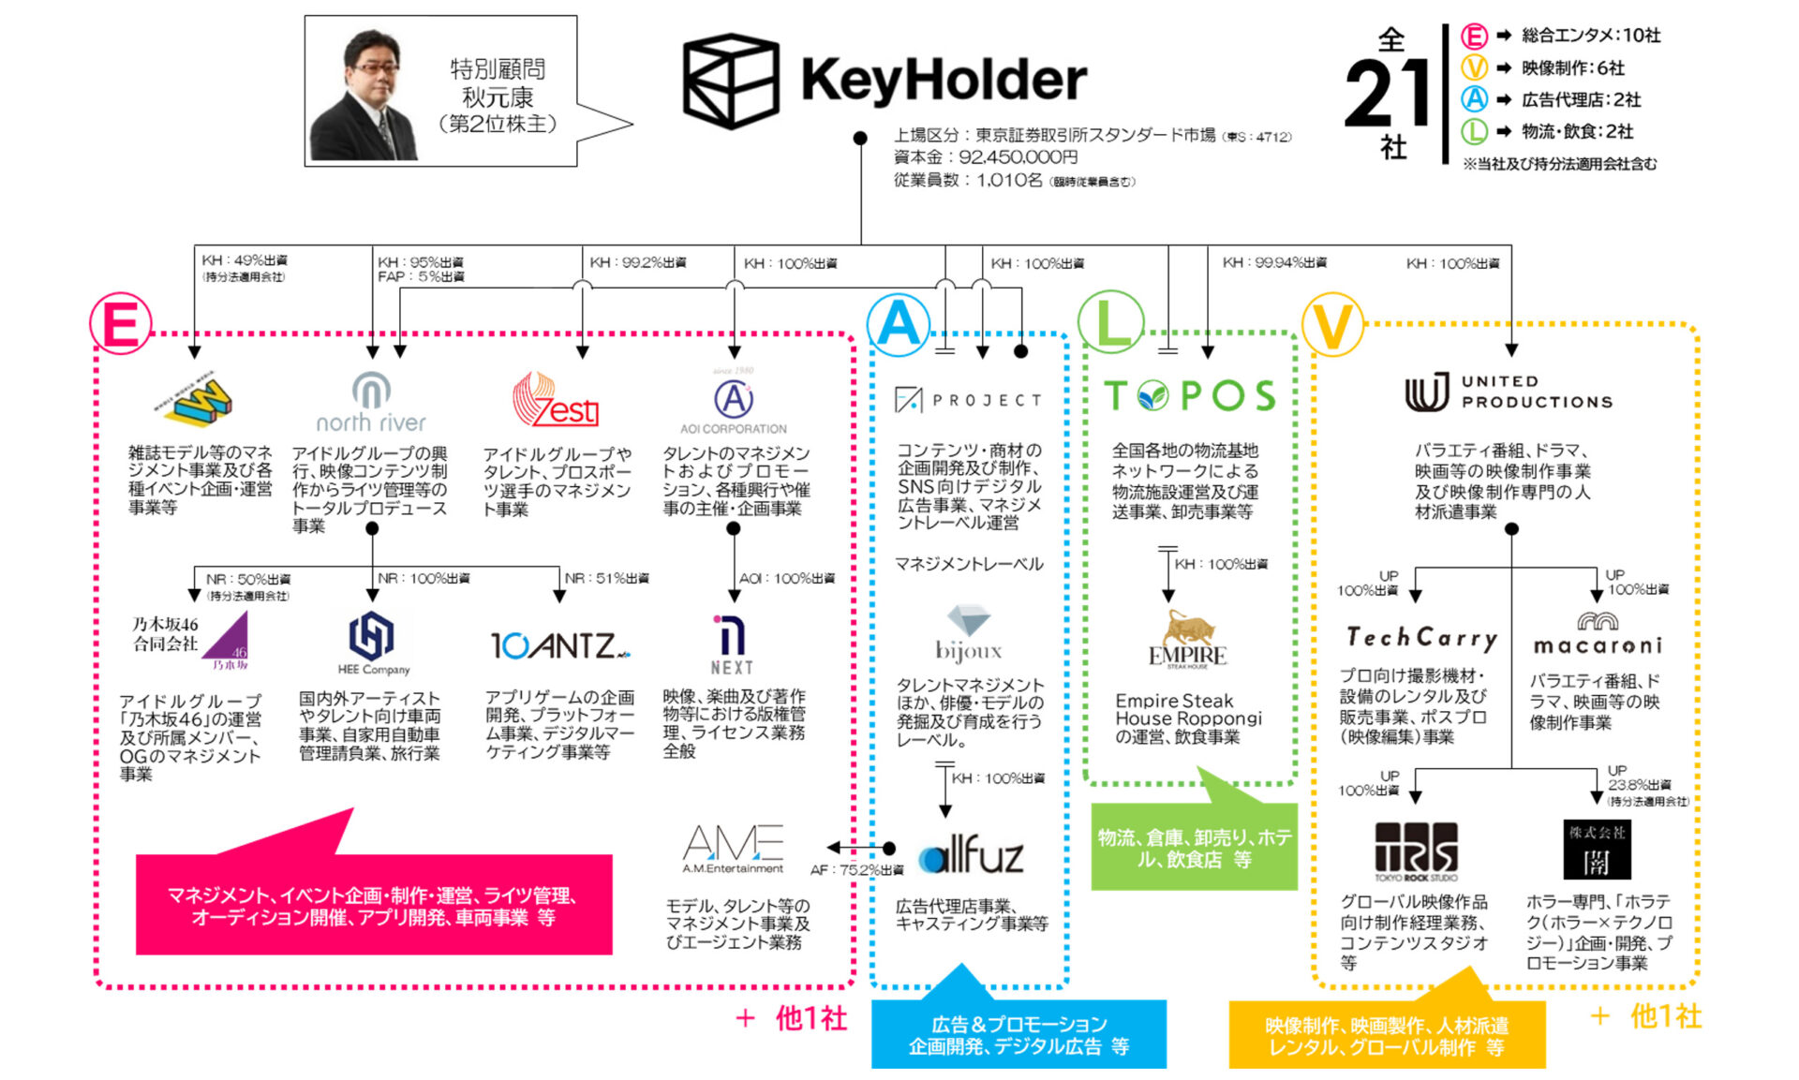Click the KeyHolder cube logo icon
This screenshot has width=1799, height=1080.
click(730, 81)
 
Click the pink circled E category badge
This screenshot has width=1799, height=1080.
click(121, 324)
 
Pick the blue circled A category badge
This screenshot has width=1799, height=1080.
click(899, 324)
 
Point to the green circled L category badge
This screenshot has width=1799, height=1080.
click(1111, 324)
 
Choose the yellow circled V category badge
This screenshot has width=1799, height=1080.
click(1332, 325)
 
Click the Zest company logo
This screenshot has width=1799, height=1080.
click(555, 401)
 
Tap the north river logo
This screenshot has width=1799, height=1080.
click(371, 403)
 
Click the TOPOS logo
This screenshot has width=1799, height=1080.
click(1189, 396)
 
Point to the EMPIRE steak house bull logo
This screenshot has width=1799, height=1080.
click(1187, 639)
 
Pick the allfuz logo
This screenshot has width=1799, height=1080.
click(971, 853)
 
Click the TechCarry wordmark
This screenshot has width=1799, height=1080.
click(1421, 638)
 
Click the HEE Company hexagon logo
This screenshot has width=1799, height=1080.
click(372, 642)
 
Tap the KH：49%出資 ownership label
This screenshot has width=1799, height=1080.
click(245, 260)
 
